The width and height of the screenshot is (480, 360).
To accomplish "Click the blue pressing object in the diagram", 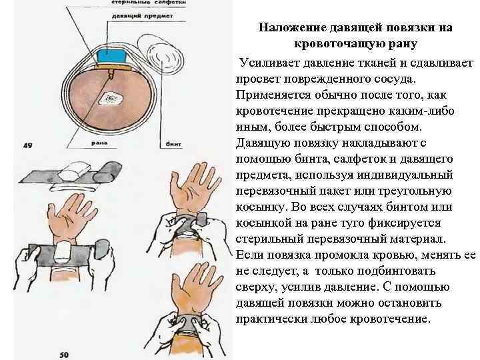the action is click(x=107, y=55).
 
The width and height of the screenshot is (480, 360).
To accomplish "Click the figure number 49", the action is click(x=28, y=145).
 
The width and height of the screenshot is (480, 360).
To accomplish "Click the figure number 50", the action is click(x=64, y=354).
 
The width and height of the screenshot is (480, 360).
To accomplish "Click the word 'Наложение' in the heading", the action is click(x=291, y=27).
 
